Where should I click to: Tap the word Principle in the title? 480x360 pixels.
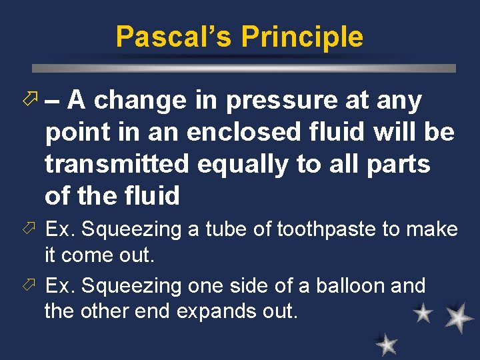(x=302, y=37)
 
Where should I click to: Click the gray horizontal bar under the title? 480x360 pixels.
(x=244, y=68)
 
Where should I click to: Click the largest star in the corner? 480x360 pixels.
(x=459, y=318)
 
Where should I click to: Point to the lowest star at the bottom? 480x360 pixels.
(x=386, y=344)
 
